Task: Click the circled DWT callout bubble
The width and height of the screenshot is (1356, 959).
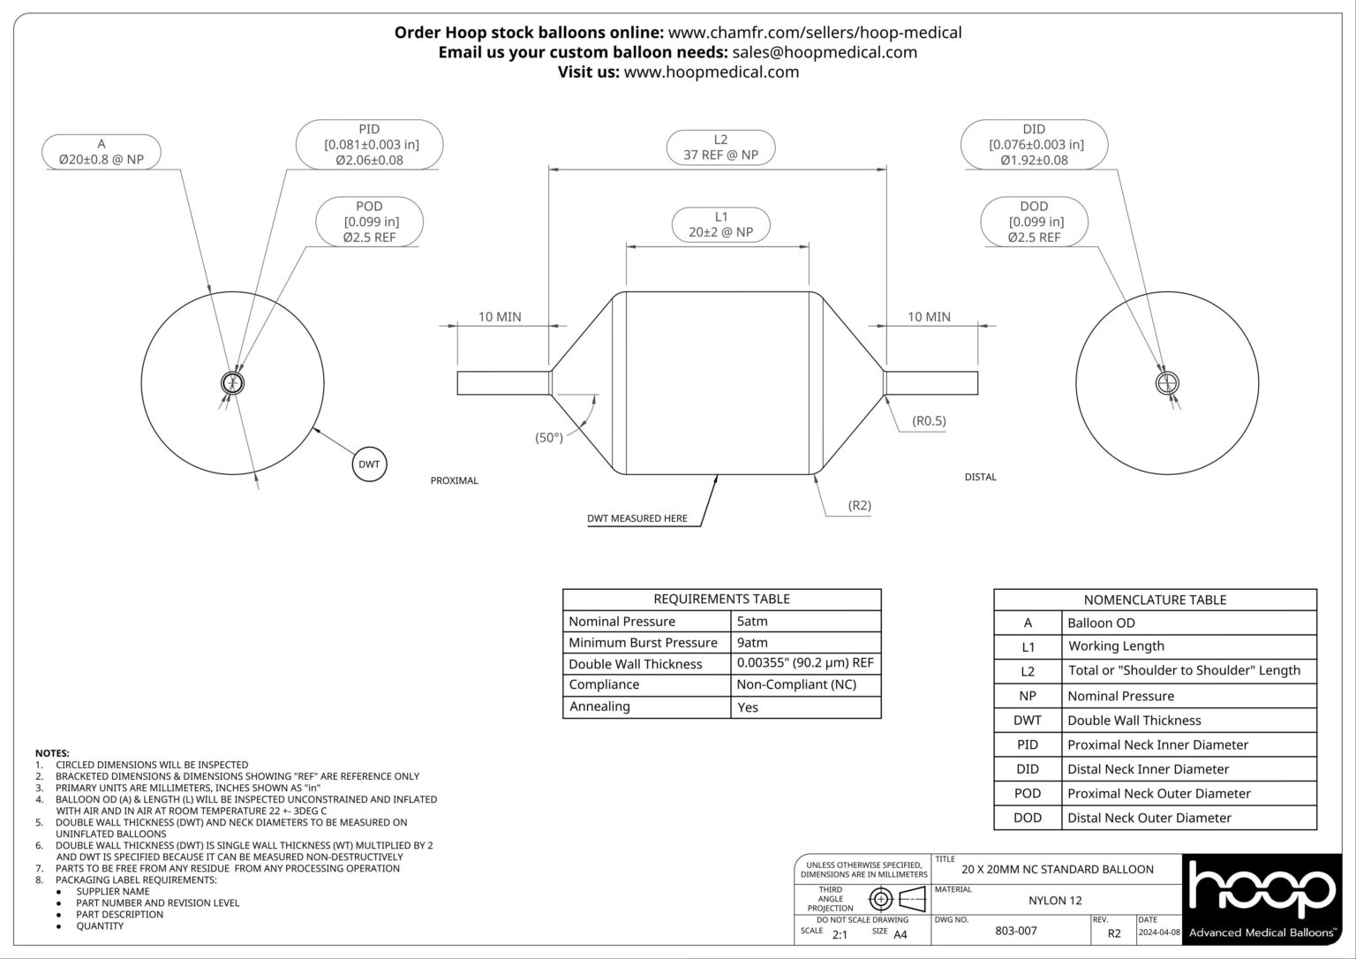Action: [x=369, y=464]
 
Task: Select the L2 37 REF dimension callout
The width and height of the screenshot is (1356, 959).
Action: [x=720, y=147]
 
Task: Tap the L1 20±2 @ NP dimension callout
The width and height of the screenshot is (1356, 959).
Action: [x=720, y=224]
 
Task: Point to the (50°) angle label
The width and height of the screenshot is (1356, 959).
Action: [x=548, y=437]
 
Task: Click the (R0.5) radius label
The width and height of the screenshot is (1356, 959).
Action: [x=929, y=420]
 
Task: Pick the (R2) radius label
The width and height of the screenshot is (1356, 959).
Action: [x=859, y=505]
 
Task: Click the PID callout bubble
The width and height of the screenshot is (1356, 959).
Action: [x=369, y=145]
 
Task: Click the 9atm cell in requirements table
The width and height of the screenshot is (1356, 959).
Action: [x=752, y=643]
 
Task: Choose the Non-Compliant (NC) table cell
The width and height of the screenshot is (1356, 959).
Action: [x=795, y=684]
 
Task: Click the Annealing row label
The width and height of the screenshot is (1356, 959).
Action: [x=599, y=706]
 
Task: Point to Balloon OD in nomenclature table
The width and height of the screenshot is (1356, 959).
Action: [x=1101, y=623]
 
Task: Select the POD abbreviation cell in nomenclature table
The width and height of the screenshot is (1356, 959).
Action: [x=1028, y=793]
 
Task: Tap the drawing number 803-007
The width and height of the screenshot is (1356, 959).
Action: [x=1015, y=931]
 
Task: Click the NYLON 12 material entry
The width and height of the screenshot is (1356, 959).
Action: [x=1054, y=901]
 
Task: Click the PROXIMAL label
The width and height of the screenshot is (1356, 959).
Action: [x=454, y=480]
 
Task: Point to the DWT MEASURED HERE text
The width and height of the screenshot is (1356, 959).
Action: [x=637, y=518]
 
